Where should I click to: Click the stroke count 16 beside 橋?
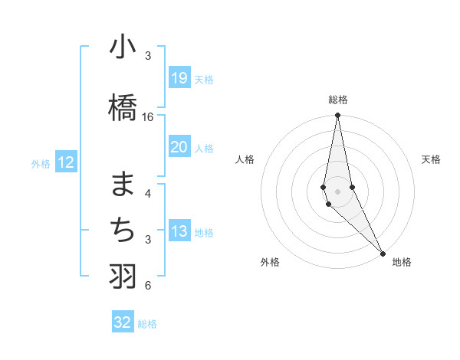(148, 117)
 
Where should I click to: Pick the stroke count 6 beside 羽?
(147, 286)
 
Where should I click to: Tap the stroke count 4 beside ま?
(147, 193)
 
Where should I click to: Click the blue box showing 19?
(179, 77)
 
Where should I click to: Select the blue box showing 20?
(179, 147)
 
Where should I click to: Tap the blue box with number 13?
(179, 231)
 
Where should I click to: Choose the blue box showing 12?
(65, 162)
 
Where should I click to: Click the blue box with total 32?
(123, 322)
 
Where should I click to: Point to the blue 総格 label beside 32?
(147, 324)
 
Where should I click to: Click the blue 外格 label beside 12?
(41, 163)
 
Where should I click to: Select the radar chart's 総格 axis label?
(338, 100)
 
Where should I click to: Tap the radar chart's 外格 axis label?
(270, 262)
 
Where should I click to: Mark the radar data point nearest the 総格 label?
(337, 116)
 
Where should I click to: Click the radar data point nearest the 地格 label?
(383, 252)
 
